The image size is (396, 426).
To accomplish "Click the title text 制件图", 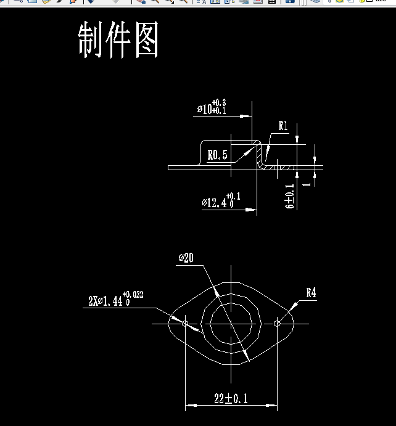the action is click(118, 41).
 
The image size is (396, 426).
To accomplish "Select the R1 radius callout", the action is click(283, 126).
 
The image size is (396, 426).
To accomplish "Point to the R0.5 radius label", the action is click(217, 155).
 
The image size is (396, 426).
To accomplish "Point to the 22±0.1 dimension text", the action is click(231, 399).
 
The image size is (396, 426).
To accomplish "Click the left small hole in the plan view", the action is click(186, 322).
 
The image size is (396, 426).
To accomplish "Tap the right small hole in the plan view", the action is click(277, 322).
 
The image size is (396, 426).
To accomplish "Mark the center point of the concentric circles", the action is click(231, 322).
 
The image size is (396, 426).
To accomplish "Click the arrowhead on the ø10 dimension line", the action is click(248, 115).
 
